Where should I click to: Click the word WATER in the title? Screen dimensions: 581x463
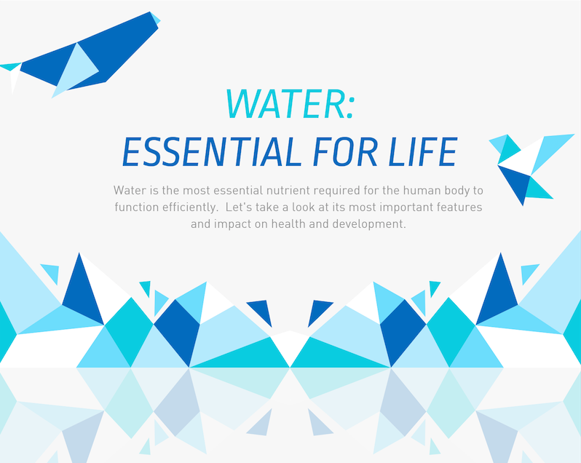click(x=285, y=103)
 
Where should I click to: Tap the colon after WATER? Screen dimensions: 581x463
click(x=350, y=107)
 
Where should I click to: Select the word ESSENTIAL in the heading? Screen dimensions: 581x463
click(x=212, y=151)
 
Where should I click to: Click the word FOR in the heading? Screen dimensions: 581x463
click(x=345, y=151)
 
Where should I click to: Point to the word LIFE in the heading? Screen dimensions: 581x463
click(x=423, y=151)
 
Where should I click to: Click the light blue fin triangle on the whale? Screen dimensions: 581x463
click(x=76, y=70)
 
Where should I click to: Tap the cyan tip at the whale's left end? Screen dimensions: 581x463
click(x=10, y=67)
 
